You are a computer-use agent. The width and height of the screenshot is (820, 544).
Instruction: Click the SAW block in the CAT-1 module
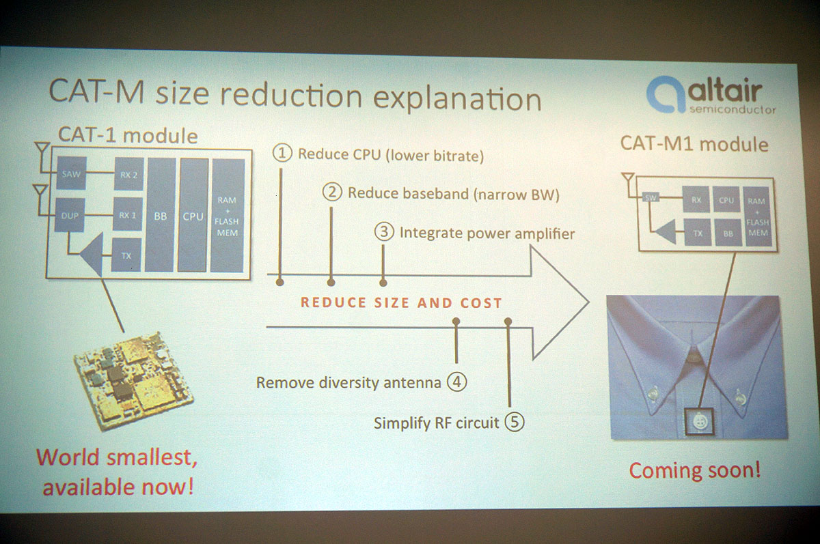(71, 173)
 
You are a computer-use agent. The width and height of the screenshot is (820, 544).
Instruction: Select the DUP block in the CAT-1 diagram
(70, 215)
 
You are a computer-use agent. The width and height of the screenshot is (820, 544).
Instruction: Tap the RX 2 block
(129, 174)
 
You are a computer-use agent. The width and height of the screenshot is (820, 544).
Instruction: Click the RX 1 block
(127, 214)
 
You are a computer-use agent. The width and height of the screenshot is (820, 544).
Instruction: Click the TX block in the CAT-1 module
(126, 255)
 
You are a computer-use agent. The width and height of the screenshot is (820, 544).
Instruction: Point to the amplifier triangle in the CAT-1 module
(92, 254)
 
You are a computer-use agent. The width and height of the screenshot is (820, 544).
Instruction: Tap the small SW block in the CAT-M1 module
(651, 197)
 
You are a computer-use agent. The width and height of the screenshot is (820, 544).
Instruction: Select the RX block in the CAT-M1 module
(696, 199)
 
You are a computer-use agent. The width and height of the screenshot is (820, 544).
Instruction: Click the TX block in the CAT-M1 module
(698, 233)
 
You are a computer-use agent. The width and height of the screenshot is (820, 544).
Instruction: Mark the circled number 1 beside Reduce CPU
(282, 153)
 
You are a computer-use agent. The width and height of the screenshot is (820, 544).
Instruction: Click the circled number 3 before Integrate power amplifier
(384, 231)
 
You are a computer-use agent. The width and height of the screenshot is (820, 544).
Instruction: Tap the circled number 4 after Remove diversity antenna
(457, 382)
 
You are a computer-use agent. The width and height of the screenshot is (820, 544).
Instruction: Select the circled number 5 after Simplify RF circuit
(515, 422)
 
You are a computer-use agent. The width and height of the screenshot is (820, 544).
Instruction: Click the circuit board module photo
(133, 380)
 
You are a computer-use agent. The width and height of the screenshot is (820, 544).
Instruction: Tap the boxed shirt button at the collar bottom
(699, 421)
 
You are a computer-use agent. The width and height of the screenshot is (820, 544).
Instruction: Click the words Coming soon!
(695, 470)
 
